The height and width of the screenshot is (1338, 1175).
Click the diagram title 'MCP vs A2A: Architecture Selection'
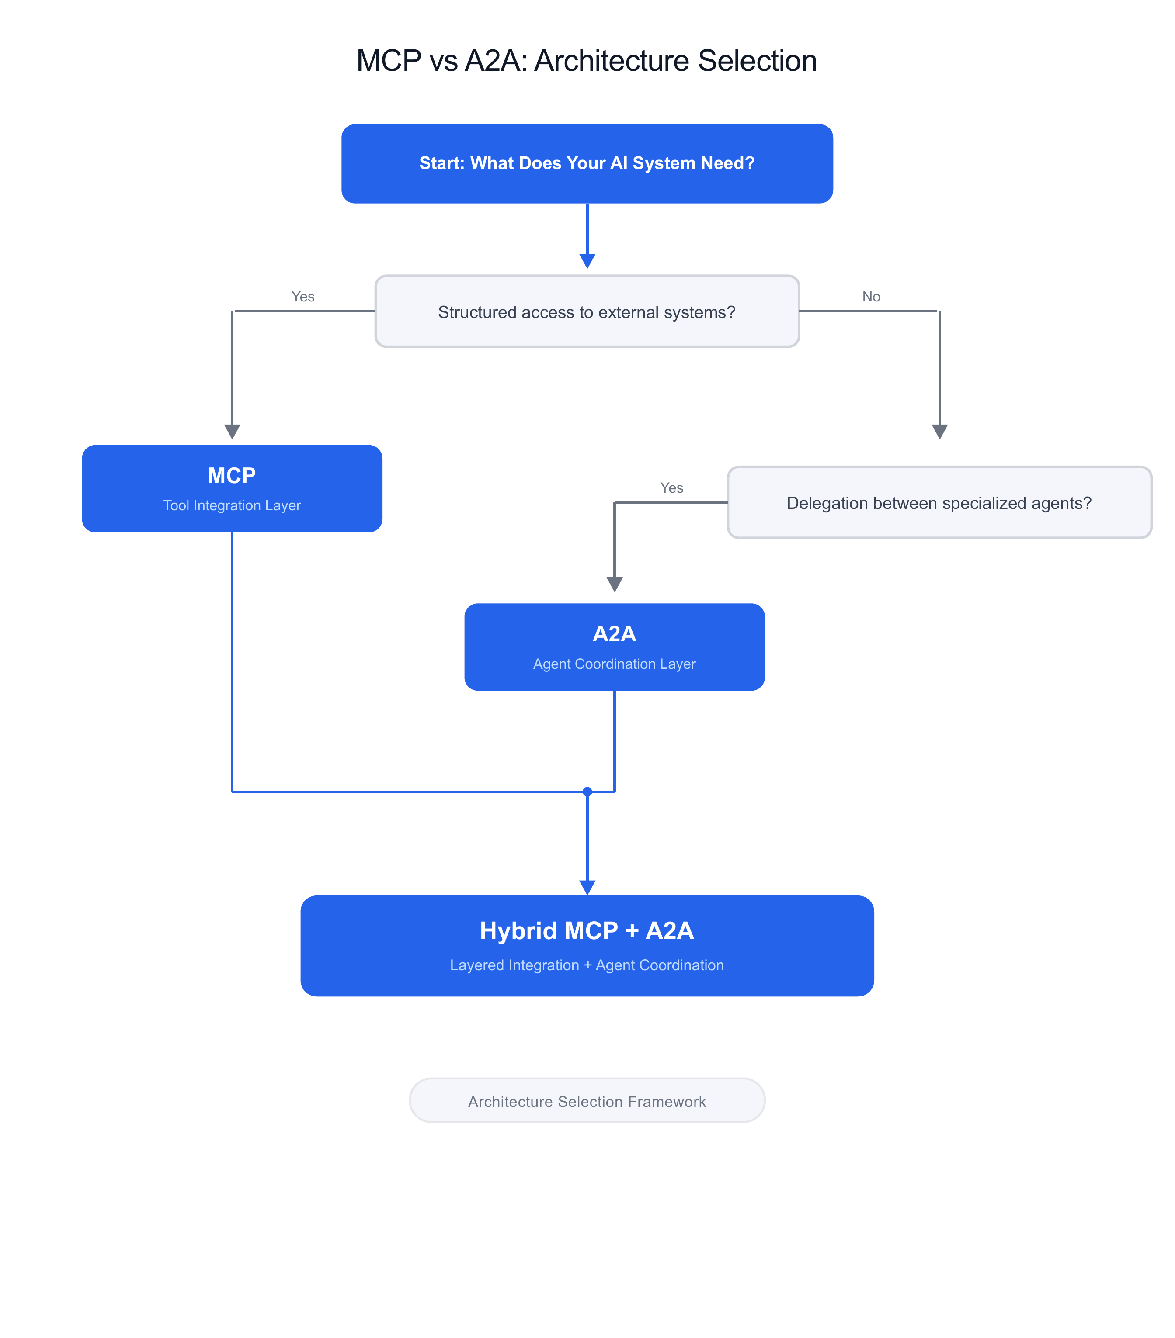[586, 61]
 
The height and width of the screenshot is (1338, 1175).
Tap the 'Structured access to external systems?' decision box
[587, 311]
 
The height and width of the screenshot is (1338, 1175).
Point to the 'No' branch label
[870, 297]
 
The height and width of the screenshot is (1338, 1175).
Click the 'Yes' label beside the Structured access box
[302, 297]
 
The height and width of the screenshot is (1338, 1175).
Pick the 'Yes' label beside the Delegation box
[671, 487]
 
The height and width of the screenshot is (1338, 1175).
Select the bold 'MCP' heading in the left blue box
[232, 475]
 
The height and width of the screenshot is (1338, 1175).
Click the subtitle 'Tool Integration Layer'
[232, 505]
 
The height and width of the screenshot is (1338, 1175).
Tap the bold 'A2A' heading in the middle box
[614, 634]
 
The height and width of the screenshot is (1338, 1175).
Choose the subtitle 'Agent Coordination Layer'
[614, 664]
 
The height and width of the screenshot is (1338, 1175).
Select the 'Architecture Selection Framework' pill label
[587, 1102]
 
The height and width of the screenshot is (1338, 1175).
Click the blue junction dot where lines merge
[587, 792]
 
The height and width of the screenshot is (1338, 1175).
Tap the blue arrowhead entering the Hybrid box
[587, 887]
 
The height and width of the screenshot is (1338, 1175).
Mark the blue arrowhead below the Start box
[587, 261]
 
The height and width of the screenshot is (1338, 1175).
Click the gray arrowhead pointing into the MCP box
[232, 432]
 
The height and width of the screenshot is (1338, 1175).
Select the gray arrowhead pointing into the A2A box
[614, 584]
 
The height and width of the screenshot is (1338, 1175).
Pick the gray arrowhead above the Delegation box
[939, 432]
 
